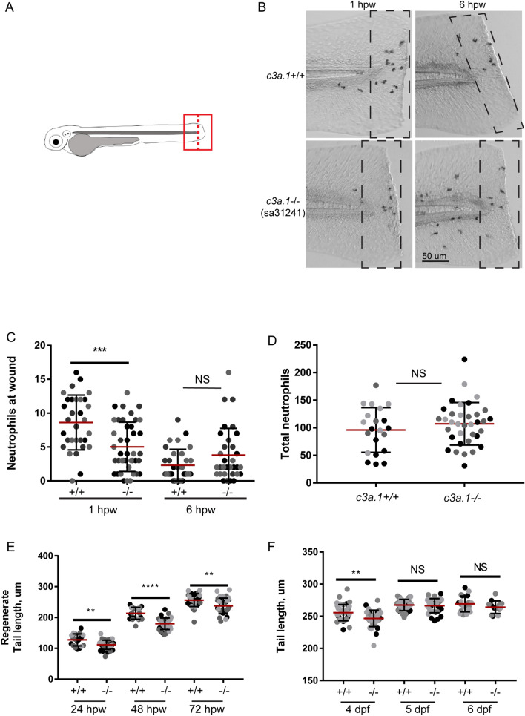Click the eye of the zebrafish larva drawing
tap(56, 140)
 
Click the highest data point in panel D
tap(443, 359)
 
